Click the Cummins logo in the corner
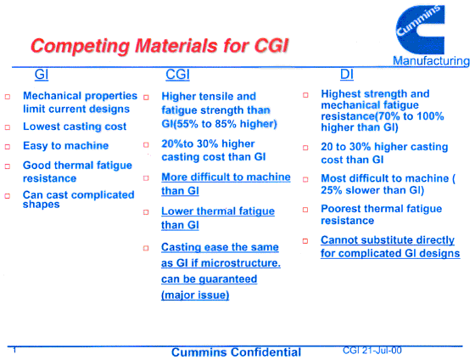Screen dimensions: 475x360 (420, 30)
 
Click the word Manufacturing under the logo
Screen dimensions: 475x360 (431, 61)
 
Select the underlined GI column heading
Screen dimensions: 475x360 (42, 75)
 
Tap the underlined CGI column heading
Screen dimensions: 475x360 (177, 75)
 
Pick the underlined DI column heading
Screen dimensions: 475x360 (347, 75)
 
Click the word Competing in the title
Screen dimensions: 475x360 (81, 47)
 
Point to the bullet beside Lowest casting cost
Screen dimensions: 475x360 (8, 127)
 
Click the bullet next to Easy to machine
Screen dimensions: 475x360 (8, 147)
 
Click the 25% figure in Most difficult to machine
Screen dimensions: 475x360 (332, 190)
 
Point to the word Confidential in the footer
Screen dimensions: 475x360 (266, 352)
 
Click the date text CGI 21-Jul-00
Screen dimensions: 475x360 (372, 351)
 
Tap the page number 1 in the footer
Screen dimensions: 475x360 (14, 351)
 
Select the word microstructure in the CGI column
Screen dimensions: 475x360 (241, 263)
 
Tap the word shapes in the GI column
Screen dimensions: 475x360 (42, 205)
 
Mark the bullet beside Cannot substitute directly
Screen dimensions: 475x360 (305, 241)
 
